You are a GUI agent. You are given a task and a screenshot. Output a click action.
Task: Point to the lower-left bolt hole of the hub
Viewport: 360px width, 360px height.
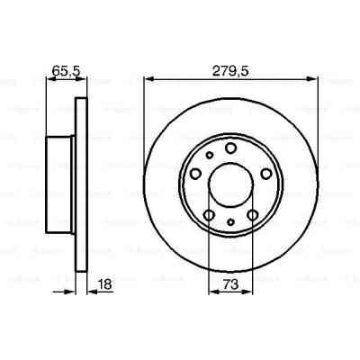209,214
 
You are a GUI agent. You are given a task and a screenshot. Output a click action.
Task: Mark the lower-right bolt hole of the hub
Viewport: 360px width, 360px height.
253,215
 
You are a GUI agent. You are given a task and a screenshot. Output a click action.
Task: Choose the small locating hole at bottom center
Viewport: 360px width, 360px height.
230,222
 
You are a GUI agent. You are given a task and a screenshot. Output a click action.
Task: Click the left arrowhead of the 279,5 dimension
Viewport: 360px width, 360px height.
147,76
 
